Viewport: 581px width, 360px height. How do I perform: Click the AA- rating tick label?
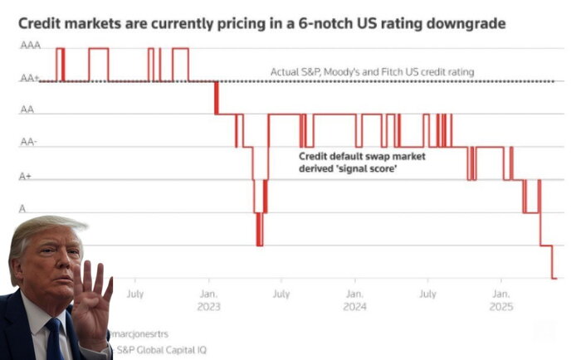[x=28, y=142]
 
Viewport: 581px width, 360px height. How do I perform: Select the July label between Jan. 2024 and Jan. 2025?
[x=427, y=293]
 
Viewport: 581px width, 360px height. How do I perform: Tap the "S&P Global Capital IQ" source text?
[x=163, y=349]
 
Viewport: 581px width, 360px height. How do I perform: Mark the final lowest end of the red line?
[x=553, y=277]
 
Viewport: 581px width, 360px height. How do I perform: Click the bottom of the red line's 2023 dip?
[x=259, y=245]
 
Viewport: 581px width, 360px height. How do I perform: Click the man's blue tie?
[x=55, y=340]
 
